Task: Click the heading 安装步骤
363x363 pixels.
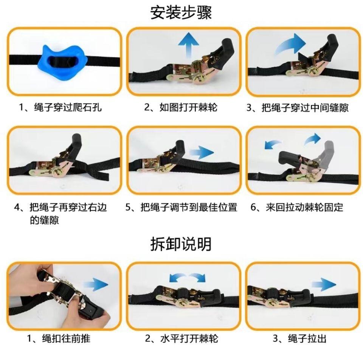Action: pyautogui.click(x=181, y=12)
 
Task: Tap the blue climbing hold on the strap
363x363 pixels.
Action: pyautogui.click(x=63, y=62)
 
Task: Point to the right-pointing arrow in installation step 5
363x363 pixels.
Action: pyautogui.click(x=201, y=153)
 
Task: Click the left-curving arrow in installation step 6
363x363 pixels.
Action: pyautogui.click(x=273, y=144)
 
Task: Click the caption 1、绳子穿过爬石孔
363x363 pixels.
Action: pyautogui.click(x=60, y=108)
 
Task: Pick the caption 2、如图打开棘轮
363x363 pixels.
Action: pyautogui.click(x=181, y=108)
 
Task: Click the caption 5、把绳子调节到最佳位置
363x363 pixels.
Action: pyautogui.click(x=181, y=207)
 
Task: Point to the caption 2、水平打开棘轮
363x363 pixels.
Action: pyautogui.click(x=182, y=338)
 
